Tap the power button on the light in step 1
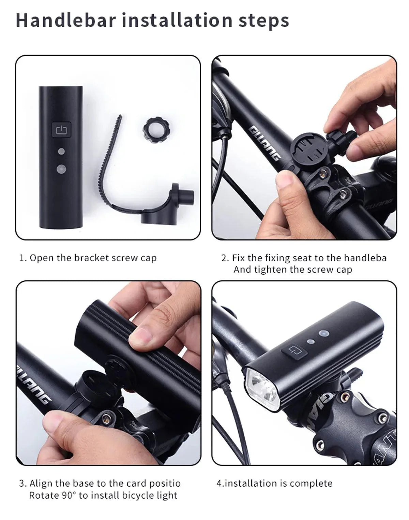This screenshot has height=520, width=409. point(61,130)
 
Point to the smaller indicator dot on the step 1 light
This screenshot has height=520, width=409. point(61,151)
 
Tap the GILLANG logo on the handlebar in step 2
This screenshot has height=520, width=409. point(266,143)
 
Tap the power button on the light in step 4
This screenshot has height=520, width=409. point(294,351)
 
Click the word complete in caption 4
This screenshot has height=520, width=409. point(311,483)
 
